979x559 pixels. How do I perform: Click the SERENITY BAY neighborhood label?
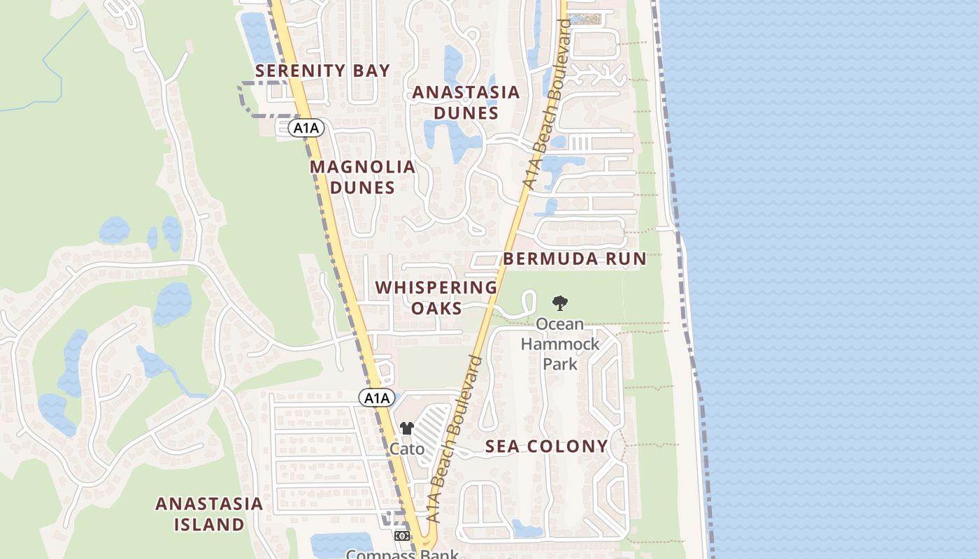[322, 71]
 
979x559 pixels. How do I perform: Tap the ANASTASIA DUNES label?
[466, 103]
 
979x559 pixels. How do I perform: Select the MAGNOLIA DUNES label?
[362, 177]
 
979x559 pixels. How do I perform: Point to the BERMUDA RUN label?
[575, 259]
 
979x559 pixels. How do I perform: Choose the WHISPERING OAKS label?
[436, 298]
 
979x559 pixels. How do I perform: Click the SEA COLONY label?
[547, 447]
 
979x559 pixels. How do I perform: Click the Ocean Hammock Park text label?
[560, 344]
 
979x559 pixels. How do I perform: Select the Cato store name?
[407, 449]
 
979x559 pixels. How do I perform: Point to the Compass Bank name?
[403, 554]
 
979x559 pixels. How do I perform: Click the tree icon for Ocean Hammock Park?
[559, 303]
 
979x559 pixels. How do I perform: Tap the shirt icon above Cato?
[407, 428]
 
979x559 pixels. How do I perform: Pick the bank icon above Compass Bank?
[401, 536]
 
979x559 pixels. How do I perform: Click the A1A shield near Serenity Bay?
[306, 128]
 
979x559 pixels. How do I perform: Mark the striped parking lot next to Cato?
[434, 423]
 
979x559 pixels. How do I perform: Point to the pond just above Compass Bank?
[341, 542]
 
